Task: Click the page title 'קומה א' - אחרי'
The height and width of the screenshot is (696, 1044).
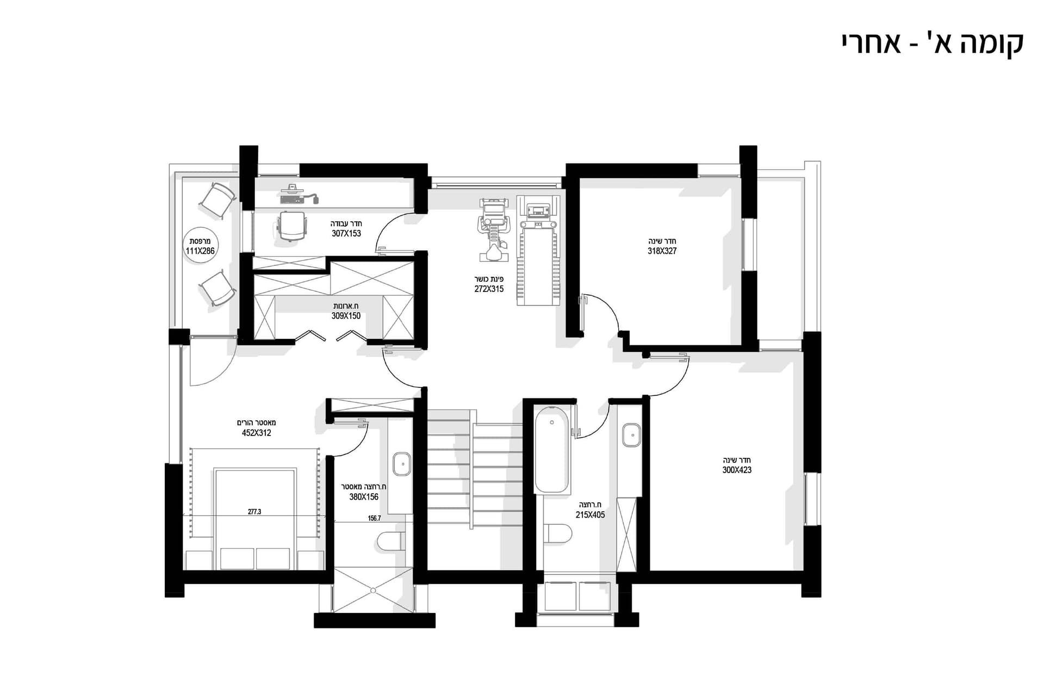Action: pos(933,43)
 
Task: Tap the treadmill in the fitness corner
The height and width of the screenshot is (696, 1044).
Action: pos(538,251)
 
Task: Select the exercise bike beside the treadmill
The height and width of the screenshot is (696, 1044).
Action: pos(493,229)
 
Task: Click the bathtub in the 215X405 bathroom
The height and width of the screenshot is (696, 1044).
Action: pos(552,450)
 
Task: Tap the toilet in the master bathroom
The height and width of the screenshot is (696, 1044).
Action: pos(391,542)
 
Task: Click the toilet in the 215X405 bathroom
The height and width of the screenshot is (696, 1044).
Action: pos(558,533)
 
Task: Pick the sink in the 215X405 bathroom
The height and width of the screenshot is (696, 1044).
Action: pos(631,435)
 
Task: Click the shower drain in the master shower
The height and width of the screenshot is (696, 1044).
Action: pos(373,590)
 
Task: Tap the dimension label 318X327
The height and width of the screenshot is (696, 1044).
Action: pos(662,251)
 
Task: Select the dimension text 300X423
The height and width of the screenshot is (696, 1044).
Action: pos(737,470)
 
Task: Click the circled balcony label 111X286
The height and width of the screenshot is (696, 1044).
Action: pos(200,251)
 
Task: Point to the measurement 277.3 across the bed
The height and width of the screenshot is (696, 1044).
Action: pos(254,512)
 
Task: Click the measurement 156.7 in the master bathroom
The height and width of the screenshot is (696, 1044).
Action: pos(374,518)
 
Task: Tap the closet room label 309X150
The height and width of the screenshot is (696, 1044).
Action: pos(346,315)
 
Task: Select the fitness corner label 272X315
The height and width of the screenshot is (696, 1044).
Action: pos(489,289)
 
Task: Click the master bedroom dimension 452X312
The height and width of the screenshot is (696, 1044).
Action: pos(257,433)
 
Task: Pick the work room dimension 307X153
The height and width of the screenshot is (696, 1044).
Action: pos(346,233)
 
